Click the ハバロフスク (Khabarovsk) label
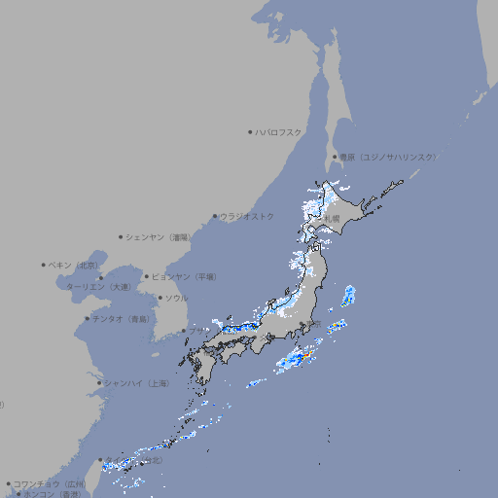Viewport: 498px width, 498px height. pos(278,131)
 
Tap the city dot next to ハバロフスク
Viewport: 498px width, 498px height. pos(251,131)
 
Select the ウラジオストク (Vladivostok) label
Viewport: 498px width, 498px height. pos(247,216)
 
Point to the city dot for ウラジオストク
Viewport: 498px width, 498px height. pos(215,216)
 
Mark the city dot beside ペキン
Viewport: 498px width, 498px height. pos(44,265)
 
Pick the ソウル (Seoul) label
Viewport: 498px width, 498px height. pos(176,298)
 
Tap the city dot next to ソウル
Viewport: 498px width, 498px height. pos(159,298)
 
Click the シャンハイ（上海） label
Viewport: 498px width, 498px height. pos(136,383)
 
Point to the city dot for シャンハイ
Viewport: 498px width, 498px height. pos(99,383)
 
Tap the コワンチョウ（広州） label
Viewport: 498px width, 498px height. pos(50,483)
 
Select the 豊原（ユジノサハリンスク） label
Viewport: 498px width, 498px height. pos(387,157)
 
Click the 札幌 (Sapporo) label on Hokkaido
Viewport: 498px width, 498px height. pos(334,219)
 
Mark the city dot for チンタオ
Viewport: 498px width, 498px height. pos(87,318)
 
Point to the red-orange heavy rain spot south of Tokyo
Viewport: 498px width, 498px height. pos(303,359)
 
